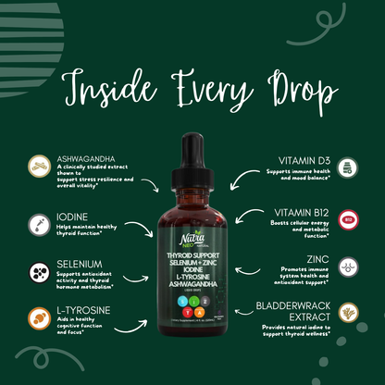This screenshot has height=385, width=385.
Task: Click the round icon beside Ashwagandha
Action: pos(38,167)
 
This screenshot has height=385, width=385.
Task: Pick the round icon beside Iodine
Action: pos(38,223)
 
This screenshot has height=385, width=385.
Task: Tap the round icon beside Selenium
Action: pos(38,272)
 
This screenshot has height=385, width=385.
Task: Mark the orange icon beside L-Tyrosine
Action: pos(38,317)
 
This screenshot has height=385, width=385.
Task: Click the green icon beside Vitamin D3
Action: pos(347,168)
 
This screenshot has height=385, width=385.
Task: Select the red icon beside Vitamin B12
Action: pos(347,218)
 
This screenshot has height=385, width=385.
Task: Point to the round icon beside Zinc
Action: pos(347,267)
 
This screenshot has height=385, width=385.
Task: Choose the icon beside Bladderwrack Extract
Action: pos(347,313)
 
